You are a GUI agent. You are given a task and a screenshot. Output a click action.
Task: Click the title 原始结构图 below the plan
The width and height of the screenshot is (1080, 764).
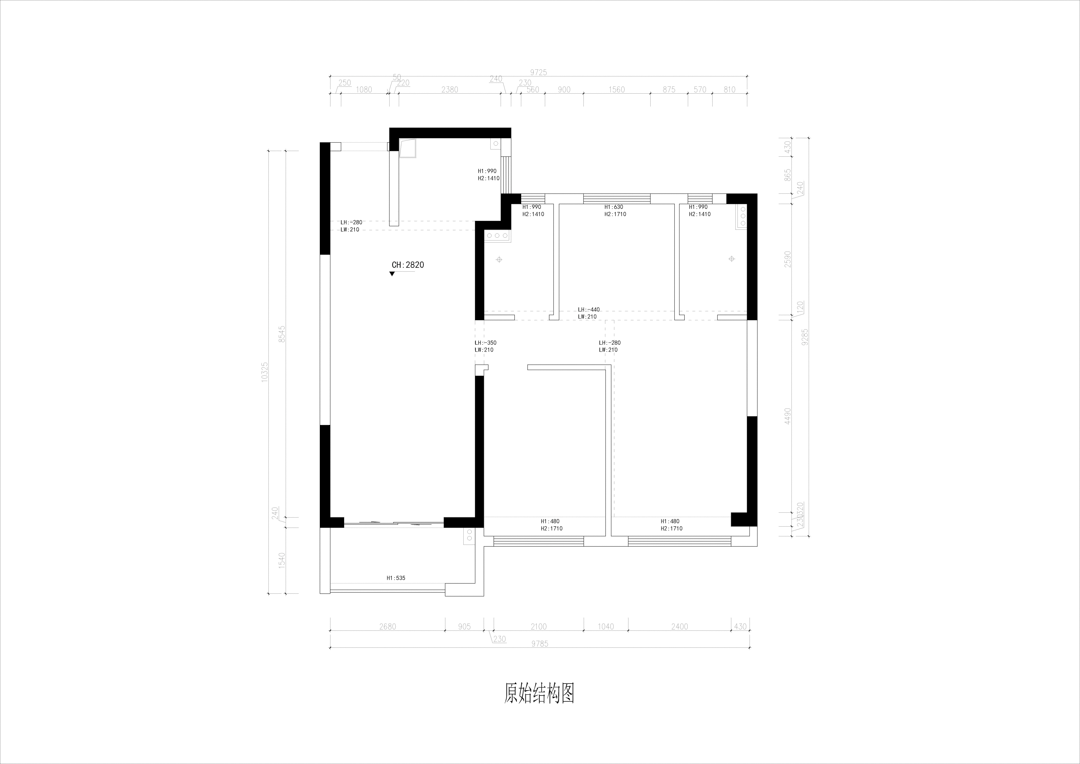pyautogui.click(x=539, y=694)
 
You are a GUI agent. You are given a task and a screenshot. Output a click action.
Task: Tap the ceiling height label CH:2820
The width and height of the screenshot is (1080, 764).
pyautogui.click(x=408, y=265)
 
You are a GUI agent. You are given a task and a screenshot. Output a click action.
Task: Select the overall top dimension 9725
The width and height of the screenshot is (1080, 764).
pyautogui.click(x=538, y=72)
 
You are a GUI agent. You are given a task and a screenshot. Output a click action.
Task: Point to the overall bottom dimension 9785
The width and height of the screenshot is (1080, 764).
pyautogui.click(x=540, y=645)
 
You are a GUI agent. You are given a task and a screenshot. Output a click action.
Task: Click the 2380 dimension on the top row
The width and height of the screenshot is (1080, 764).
pyautogui.click(x=449, y=90)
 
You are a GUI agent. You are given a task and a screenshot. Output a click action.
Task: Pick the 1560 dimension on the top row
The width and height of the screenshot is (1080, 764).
pyautogui.click(x=616, y=90)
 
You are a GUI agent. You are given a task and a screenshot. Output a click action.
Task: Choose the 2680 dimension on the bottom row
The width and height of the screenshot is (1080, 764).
pyautogui.click(x=387, y=627)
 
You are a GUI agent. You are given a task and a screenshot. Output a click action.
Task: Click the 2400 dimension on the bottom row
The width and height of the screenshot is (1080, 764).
pyautogui.click(x=679, y=627)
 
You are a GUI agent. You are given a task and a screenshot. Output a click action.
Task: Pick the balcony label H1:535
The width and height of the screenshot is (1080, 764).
pyautogui.click(x=396, y=579)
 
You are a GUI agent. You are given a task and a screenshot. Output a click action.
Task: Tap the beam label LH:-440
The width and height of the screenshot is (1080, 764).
pyautogui.click(x=588, y=310)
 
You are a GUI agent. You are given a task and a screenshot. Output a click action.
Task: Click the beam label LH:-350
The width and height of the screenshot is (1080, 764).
pyautogui.click(x=485, y=343)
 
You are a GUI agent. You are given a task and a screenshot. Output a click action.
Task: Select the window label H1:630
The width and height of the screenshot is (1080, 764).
pyautogui.click(x=614, y=207)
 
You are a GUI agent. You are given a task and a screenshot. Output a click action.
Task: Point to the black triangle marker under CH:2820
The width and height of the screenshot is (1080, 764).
pyautogui.click(x=392, y=273)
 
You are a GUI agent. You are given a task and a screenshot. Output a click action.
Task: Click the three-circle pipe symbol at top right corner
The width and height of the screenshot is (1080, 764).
pyautogui.click(x=741, y=215)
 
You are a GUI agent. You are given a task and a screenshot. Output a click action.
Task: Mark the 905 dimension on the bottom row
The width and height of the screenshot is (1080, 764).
pyautogui.click(x=464, y=627)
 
